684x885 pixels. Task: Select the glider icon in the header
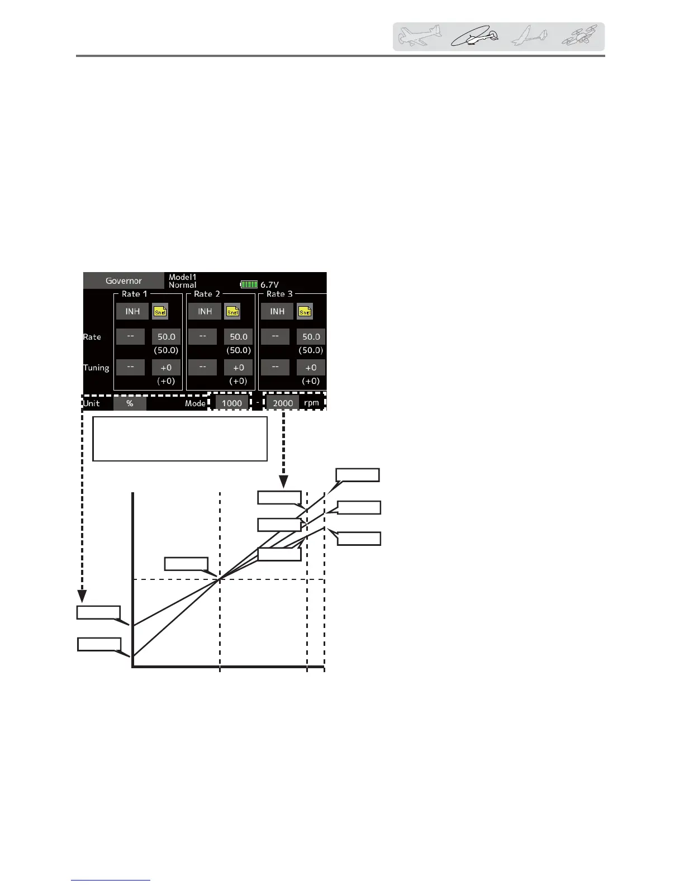[x=529, y=37]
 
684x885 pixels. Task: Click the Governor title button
[x=124, y=280]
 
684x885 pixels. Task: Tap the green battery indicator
[x=249, y=284]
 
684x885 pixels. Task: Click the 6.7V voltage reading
[x=269, y=284]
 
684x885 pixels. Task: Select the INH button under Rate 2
[x=205, y=311]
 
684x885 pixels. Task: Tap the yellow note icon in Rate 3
[x=305, y=311]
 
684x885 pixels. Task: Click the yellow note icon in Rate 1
[x=160, y=311]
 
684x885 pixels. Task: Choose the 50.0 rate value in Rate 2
[x=239, y=336]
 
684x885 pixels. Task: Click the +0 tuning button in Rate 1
[x=166, y=367]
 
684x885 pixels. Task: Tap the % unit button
[x=130, y=403]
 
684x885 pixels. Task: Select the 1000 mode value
[x=232, y=403]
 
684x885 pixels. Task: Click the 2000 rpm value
[x=283, y=403]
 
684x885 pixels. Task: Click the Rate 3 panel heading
[x=279, y=294]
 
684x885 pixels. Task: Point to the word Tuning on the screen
[x=96, y=367]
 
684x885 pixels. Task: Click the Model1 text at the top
[x=183, y=277]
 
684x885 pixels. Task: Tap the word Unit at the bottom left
[x=92, y=403]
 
